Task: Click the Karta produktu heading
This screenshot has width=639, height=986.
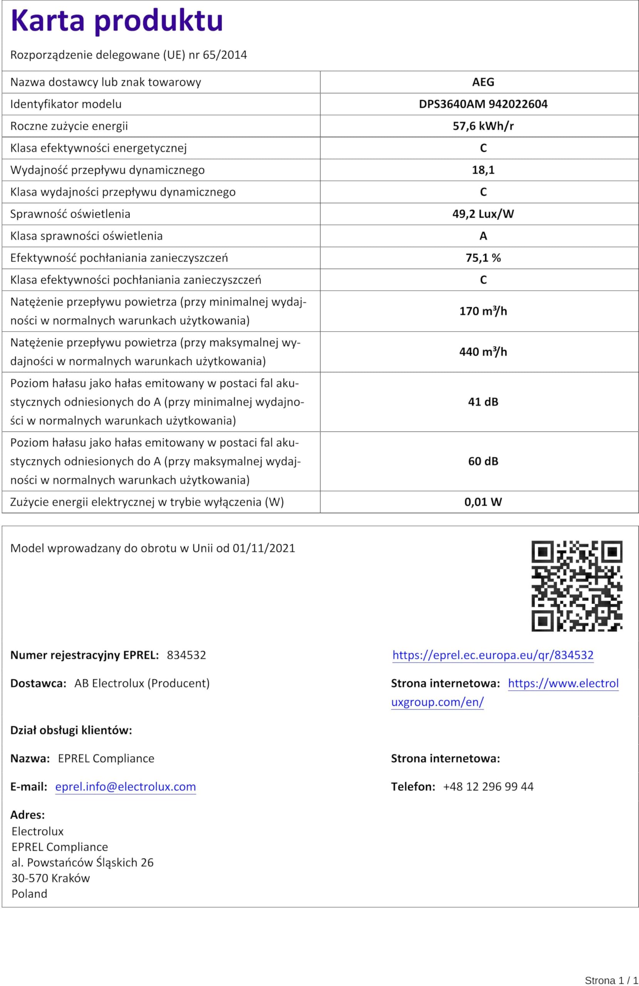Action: pyautogui.click(x=116, y=21)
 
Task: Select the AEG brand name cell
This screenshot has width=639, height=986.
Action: pyautogui.click(x=483, y=82)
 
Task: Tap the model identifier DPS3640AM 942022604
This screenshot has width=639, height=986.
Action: pyautogui.click(x=483, y=104)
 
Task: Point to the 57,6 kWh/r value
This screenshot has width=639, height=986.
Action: pyautogui.click(x=483, y=126)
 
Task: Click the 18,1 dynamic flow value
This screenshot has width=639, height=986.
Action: pyautogui.click(x=483, y=170)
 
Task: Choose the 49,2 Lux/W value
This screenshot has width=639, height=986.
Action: pyautogui.click(x=483, y=214)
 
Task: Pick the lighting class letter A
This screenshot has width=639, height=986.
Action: pyautogui.click(x=483, y=236)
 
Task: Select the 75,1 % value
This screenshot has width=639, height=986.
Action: pyautogui.click(x=483, y=258)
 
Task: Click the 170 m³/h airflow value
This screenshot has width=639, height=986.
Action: pyautogui.click(x=483, y=311)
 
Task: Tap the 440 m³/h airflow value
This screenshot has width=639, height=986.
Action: pyautogui.click(x=483, y=352)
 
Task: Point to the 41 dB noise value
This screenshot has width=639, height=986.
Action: pyautogui.click(x=483, y=401)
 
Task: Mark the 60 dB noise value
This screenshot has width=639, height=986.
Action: pyautogui.click(x=483, y=461)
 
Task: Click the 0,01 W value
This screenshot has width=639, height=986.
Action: pyautogui.click(x=483, y=502)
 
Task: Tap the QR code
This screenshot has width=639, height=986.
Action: pyautogui.click(x=577, y=586)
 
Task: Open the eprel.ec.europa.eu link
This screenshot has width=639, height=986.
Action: pyautogui.click(x=493, y=655)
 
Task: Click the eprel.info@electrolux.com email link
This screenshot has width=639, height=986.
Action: pyautogui.click(x=125, y=787)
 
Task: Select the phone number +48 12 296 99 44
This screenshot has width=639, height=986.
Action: pyautogui.click(x=488, y=787)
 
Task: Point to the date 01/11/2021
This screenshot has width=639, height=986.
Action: pyautogui.click(x=264, y=548)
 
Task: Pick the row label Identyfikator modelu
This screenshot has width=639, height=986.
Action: pyautogui.click(x=66, y=104)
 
